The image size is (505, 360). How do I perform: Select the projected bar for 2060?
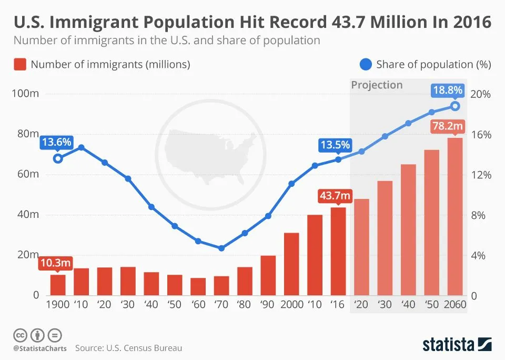click(455, 216)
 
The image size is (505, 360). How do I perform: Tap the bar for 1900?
click(58, 285)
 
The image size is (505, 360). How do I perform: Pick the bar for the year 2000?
click(291, 264)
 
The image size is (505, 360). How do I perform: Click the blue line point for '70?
click(221, 248)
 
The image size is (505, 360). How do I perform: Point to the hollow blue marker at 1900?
click(58, 158)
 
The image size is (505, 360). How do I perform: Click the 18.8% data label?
click(447, 91)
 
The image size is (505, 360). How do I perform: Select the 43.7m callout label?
click(335, 196)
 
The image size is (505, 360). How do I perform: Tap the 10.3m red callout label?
click(55, 263)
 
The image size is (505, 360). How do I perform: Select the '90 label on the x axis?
click(268, 305)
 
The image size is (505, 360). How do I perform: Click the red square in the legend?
click(19, 65)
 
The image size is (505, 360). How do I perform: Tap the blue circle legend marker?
click(366, 65)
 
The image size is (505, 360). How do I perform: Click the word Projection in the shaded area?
click(377, 85)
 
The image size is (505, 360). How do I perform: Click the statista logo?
click(457, 345)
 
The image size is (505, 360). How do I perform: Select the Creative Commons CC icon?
click(20, 335)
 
